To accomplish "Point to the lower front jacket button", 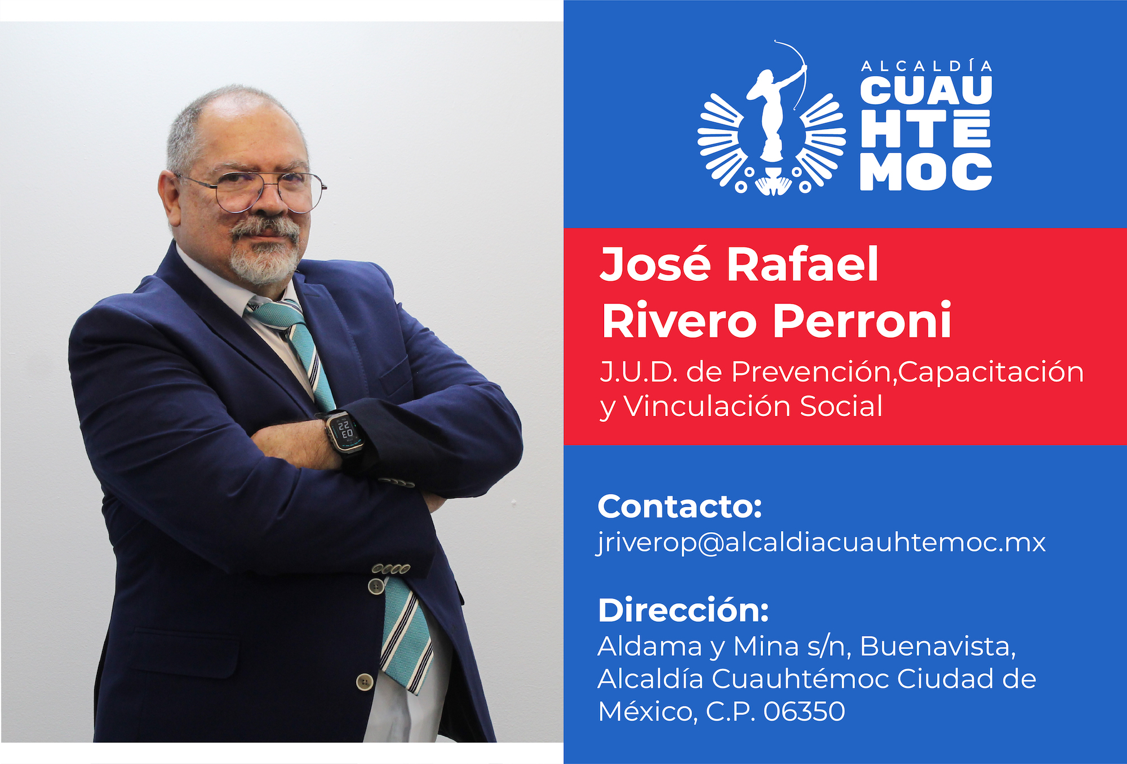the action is pos(365,682).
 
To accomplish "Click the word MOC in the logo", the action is pos(926,171).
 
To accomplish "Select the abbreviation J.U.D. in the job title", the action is pos(638,372).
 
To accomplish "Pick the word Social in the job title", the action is pos(841,406).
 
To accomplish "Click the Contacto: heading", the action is pos(680,506).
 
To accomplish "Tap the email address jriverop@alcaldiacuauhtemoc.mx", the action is pos(821,543).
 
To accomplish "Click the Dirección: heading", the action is pos(683,610).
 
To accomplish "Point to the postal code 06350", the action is pos(804,712).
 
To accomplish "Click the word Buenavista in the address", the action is pos(938,646).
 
